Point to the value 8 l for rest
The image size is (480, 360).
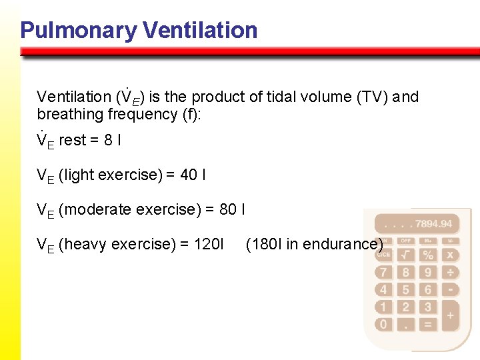111,141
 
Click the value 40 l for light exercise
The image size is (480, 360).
193,175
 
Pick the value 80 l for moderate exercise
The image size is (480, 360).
232,209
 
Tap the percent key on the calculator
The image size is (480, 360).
428,254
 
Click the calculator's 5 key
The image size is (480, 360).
405,289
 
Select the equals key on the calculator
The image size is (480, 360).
428,325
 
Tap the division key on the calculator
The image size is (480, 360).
450,272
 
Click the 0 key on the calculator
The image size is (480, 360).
383,325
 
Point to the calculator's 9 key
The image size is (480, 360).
428,272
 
